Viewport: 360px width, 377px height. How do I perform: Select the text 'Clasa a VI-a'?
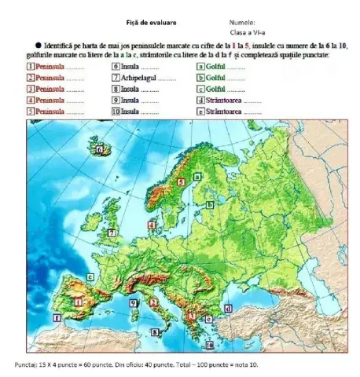[x=247, y=33]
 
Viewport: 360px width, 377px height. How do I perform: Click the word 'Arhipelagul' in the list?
[x=135, y=79]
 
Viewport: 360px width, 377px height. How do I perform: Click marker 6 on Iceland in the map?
[x=100, y=148]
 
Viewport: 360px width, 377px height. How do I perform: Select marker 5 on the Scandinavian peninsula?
[x=182, y=181]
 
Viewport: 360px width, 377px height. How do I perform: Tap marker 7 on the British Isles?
[x=112, y=233]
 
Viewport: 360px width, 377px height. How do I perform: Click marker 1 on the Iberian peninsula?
[x=78, y=300]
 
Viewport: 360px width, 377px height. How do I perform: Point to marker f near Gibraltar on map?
[x=57, y=318]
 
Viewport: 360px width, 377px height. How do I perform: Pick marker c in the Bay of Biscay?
[x=91, y=277]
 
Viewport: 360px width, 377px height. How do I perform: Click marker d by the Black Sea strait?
[x=228, y=309]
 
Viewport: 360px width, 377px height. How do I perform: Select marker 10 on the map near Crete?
[x=209, y=345]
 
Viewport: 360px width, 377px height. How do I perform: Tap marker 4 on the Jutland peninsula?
[x=151, y=225]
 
